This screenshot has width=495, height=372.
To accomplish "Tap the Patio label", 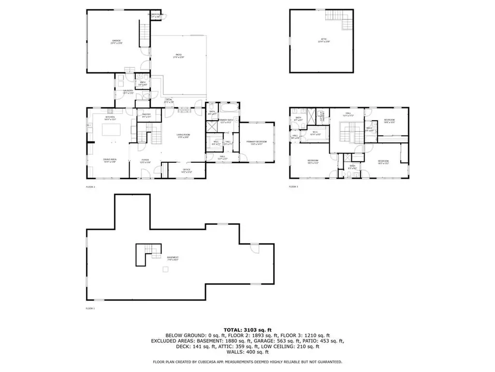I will (x=179, y=57).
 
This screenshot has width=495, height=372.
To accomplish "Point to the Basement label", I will (x=173, y=258).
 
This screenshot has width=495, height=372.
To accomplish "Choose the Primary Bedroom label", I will (x=257, y=142).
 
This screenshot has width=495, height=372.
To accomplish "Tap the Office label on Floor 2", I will (x=187, y=170).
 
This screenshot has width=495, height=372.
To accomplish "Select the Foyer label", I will (x=145, y=161).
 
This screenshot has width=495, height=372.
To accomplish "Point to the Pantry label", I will (x=147, y=115).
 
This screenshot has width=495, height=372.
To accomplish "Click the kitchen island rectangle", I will (x=112, y=132).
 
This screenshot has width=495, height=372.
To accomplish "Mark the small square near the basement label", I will (x=165, y=270).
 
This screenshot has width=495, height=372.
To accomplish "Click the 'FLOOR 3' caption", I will (x=293, y=186).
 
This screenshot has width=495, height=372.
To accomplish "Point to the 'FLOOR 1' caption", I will (x=90, y=309).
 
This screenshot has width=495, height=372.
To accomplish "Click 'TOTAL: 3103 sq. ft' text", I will (x=247, y=329).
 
